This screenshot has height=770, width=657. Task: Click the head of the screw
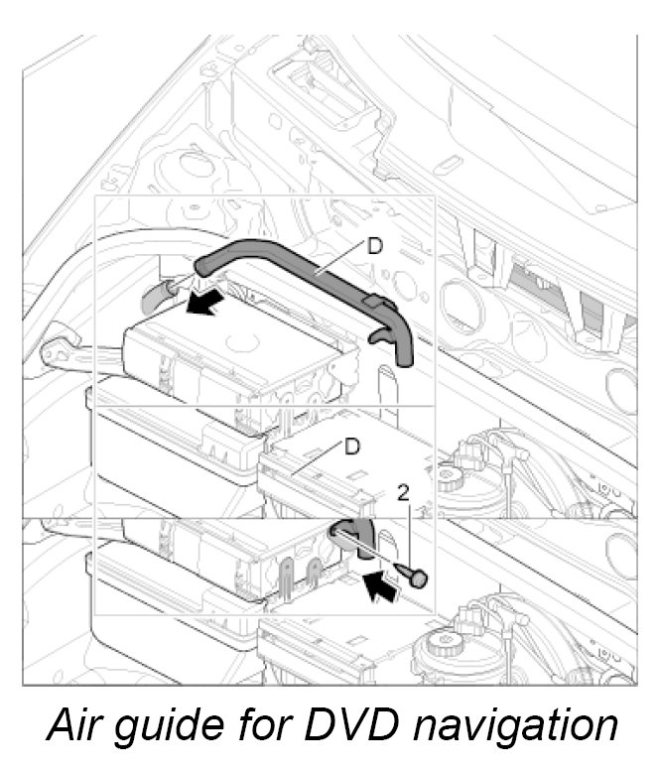click(x=421, y=576)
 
